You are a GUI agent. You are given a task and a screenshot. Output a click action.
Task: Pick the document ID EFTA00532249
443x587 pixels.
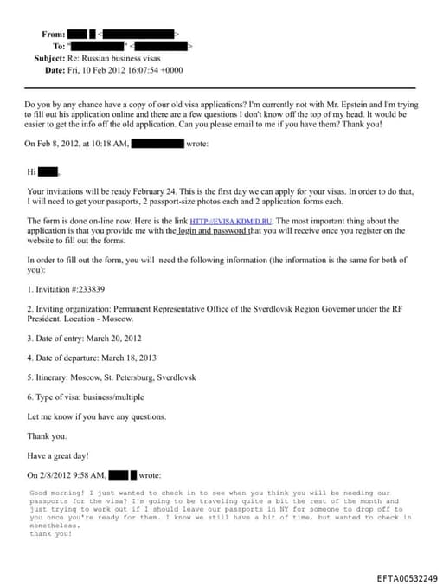[407, 577]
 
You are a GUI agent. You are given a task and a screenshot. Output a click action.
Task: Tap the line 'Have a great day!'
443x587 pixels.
[58, 455]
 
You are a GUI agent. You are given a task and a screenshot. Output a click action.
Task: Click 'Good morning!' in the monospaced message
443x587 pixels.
[54, 493]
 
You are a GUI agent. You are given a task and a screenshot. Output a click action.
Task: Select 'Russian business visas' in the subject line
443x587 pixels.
[121, 58]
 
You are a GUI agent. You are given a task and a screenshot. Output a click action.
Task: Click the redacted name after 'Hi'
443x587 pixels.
[48, 171]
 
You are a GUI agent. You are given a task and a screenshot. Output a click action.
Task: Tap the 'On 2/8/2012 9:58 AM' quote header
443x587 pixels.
[67, 475]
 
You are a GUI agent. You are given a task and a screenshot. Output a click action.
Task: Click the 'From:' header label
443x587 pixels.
[53, 34]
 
